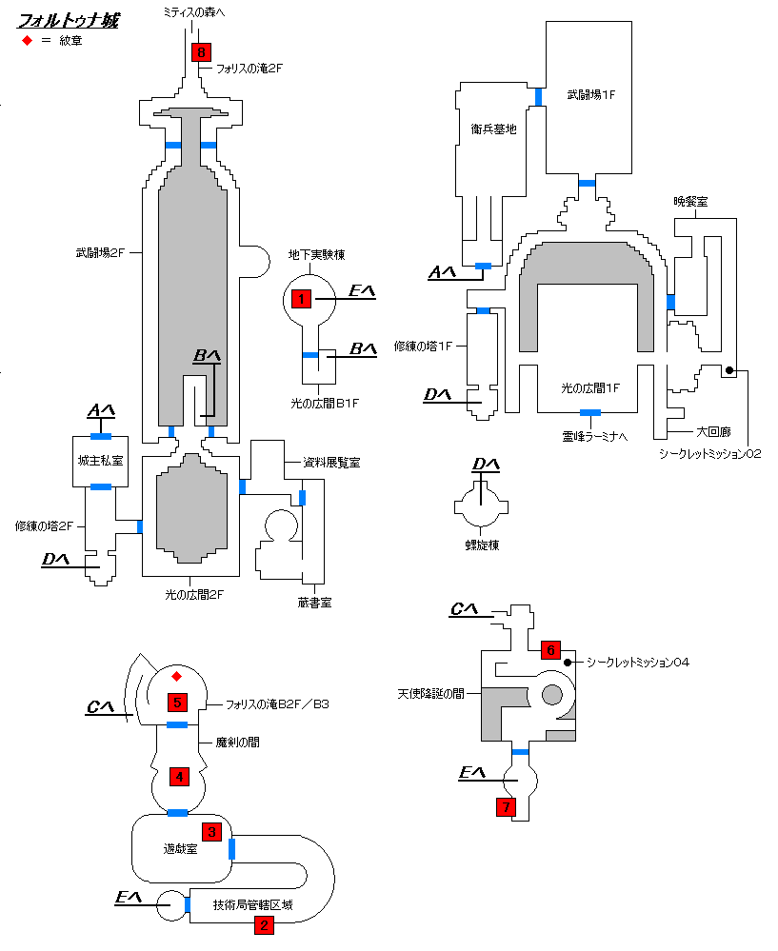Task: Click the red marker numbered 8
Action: pyautogui.click(x=201, y=52)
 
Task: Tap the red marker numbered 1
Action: pyautogui.click(x=301, y=298)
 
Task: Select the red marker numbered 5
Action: pyautogui.click(x=177, y=703)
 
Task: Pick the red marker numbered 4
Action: pyautogui.click(x=179, y=777)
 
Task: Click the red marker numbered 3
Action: pyautogui.click(x=211, y=831)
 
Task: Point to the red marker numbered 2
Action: pyautogui.click(x=264, y=925)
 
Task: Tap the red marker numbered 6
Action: pyautogui.click(x=551, y=649)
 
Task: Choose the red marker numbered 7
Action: pyautogui.click(x=506, y=806)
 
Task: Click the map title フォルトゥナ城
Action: pyautogui.click(x=68, y=20)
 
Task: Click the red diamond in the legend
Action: pyautogui.click(x=27, y=41)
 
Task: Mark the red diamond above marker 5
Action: pyautogui.click(x=176, y=676)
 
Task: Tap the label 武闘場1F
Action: pyautogui.click(x=591, y=94)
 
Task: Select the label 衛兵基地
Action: pyautogui.click(x=493, y=129)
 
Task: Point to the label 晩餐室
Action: pyautogui.click(x=690, y=202)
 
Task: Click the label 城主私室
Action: pyautogui.click(x=100, y=461)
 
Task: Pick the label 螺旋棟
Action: pyautogui.click(x=482, y=545)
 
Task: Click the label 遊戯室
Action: pyautogui.click(x=180, y=848)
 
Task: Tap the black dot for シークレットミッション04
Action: pyautogui.click(x=568, y=663)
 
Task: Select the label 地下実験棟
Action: pyautogui.click(x=317, y=255)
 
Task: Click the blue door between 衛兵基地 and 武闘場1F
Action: pyautogui.click(x=538, y=97)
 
